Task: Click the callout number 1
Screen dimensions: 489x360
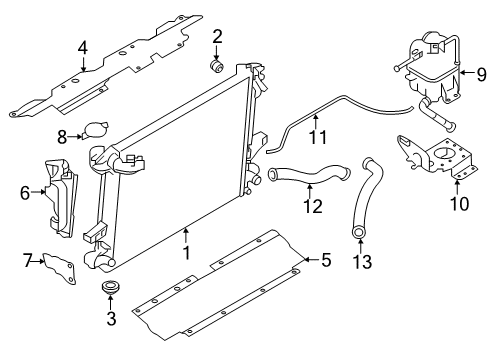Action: (x=187, y=253)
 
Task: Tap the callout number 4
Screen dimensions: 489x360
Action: (x=83, y=48)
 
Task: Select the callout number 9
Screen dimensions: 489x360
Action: (x=481, y=74)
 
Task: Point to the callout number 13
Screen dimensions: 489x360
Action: (x=362, y=262)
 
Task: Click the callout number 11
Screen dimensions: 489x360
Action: (x=318, y=137)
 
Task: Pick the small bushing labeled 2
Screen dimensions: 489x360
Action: (x=217, y=66)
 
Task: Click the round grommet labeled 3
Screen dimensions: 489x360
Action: (x=111, y=287)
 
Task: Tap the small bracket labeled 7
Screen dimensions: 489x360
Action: (x=60, y=269)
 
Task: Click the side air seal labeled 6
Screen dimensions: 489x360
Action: (x=60, y=198)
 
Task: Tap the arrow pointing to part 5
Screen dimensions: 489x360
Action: (x=311, y=259)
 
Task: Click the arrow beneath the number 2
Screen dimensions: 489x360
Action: (x=217, y=52)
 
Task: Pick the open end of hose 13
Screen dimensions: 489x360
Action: (x=359, y=233)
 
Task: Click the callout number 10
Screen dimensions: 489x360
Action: (x=459, y=204)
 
